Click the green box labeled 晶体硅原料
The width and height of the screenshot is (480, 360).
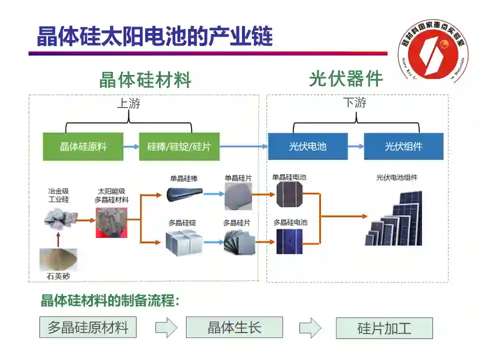83,146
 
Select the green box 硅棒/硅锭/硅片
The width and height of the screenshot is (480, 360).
179,146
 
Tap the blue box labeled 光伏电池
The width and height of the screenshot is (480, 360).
307,146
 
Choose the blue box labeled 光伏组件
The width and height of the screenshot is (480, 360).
403,146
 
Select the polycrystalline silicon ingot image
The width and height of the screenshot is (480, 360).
183,241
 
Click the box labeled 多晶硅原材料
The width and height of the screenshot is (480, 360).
88,328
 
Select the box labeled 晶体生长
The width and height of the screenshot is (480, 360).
234,327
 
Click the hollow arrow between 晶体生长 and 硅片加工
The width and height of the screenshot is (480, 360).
310,328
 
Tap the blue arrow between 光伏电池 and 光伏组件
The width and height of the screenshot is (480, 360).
356,146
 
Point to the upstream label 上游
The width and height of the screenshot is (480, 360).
128,103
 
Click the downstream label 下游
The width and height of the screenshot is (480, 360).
354,103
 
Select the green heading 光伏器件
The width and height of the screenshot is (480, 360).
346,78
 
